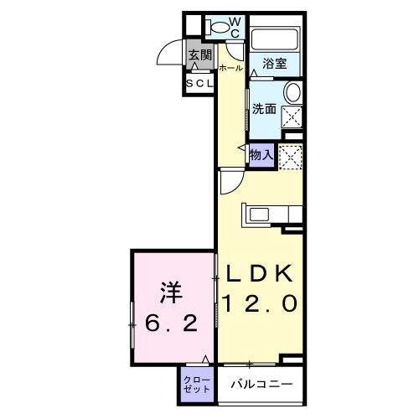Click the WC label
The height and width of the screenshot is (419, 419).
235,27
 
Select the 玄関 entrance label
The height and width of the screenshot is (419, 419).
199,57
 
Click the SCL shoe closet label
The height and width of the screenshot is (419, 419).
199,84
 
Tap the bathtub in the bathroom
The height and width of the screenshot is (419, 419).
276,39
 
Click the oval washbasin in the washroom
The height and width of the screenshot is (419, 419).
292,92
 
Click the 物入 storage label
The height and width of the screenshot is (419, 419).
261,153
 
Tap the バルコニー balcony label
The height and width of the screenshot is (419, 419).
261,385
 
